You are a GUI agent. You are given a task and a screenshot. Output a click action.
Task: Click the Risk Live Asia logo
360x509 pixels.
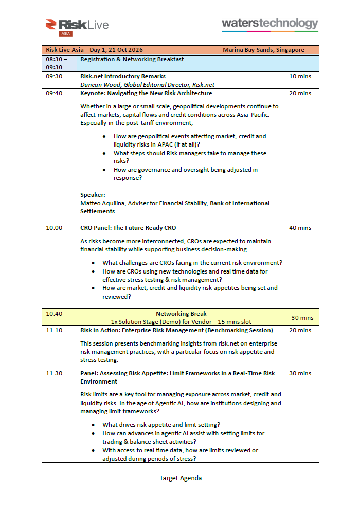point(77,26)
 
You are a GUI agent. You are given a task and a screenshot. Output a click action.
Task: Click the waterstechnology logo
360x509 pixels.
point(269,24)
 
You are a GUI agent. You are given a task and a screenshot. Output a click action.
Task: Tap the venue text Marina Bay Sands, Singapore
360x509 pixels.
point(263,50)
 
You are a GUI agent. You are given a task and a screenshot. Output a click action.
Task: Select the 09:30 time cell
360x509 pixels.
point(54,76)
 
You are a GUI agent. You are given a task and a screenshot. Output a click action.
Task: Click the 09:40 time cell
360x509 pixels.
point(54,93)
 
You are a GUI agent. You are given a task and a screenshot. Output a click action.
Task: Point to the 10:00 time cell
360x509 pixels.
point(54,228)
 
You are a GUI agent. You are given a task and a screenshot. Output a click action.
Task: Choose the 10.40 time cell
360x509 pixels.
point(54,314)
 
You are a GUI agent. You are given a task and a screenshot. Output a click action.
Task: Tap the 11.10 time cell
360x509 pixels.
point(54,330)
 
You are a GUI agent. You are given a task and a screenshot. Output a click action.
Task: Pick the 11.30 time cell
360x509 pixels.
point(54,373)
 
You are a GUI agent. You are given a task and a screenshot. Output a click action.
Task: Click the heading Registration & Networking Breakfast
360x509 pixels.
point(132,59)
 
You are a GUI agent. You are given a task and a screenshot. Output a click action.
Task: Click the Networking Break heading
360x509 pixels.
point(181,314)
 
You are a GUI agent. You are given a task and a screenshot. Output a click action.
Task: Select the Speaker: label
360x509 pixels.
point(93,195)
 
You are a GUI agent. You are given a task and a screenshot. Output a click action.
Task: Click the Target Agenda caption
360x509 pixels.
point(181,478)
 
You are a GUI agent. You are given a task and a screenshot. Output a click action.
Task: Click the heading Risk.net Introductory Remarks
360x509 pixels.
point(123,76)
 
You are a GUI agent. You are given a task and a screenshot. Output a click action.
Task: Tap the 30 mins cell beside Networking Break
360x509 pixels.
point(302,318)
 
